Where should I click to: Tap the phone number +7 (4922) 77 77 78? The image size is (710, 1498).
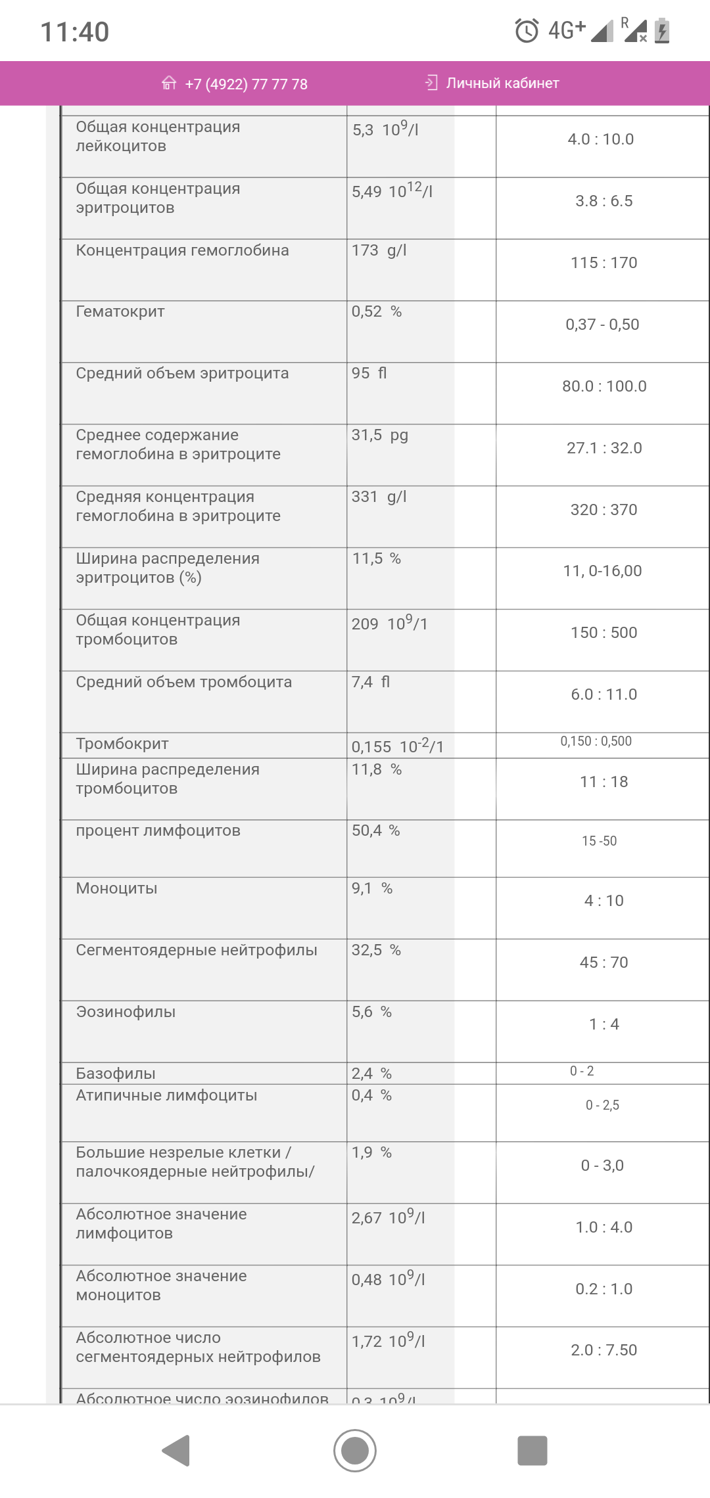(x=246, y=84)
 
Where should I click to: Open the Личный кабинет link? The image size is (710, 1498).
(x=502, y=83)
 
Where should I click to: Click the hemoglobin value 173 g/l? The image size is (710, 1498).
(x=379, y=250)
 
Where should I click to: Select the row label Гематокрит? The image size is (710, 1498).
(x=120, y=311)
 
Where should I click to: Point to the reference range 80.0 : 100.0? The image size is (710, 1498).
(x=604, y=386)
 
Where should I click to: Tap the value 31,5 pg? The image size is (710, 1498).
(x=380, y=435)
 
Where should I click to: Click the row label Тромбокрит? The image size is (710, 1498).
(x=122, y=744)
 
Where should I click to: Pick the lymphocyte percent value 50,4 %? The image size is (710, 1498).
(x=376, y=830)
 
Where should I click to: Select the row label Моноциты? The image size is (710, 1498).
(x=116, y=888)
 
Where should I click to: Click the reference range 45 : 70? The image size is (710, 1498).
(x=604, y=963)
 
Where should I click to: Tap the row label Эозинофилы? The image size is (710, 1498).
(x=126, y=1012)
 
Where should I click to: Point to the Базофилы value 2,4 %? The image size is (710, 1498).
(x=372, y=1074)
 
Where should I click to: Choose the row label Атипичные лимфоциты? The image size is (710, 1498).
(x=166, y=1095)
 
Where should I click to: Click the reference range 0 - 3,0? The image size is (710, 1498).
(x=602, y=1166)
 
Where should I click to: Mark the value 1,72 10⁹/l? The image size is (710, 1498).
(x=389, y=1341)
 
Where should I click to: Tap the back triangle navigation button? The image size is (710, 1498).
(x=177, y=1450)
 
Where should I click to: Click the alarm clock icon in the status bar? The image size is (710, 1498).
(x=527, y=30)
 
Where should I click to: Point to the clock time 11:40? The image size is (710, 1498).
(x=75, y=32)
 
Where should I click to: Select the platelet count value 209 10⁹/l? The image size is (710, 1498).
(x=390, y=624)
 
